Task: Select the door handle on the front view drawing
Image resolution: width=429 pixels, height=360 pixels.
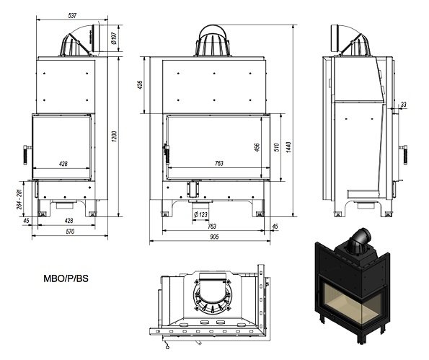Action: pos(168,151)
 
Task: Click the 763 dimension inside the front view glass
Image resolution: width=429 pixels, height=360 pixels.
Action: pos(219,164)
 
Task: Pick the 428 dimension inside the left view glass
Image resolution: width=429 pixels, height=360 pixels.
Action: pos(63,164)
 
